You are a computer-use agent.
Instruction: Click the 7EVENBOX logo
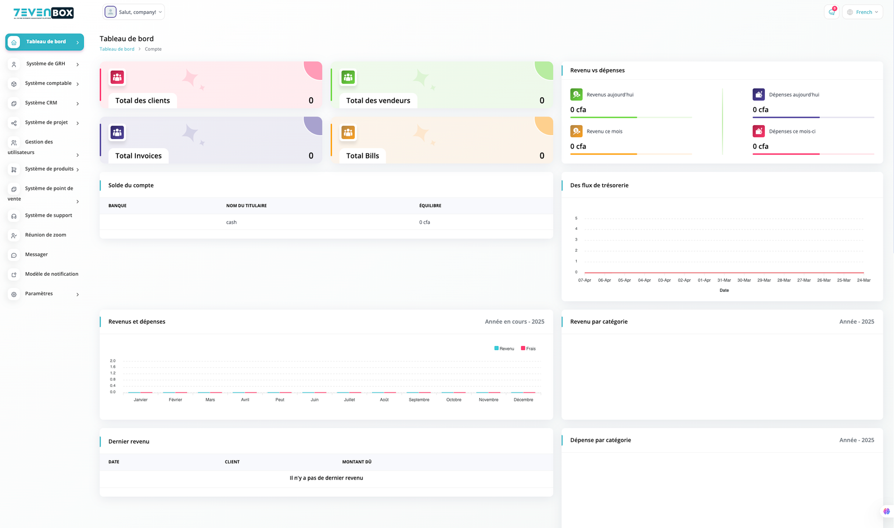44,13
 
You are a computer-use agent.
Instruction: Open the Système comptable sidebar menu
48,84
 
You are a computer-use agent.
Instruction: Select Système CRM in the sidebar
41,103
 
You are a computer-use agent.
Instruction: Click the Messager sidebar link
36,255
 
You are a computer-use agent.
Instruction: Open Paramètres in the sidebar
39,294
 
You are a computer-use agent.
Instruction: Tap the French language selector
862,12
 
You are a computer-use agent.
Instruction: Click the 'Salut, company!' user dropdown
134,12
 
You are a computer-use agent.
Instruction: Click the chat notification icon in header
831,12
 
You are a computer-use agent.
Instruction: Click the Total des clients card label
142,101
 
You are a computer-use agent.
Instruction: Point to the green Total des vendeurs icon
348,77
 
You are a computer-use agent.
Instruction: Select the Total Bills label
363,156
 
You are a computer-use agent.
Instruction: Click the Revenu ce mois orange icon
576,131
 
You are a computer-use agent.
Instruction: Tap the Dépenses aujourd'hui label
794,95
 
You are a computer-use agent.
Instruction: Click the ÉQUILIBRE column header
430,206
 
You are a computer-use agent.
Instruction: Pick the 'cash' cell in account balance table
231,223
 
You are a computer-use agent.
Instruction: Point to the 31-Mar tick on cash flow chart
724,280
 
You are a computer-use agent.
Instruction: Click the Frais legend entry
528,349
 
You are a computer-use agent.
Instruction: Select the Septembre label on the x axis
419,400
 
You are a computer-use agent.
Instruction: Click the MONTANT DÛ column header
356,462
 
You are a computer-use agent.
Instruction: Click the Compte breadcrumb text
153,49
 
